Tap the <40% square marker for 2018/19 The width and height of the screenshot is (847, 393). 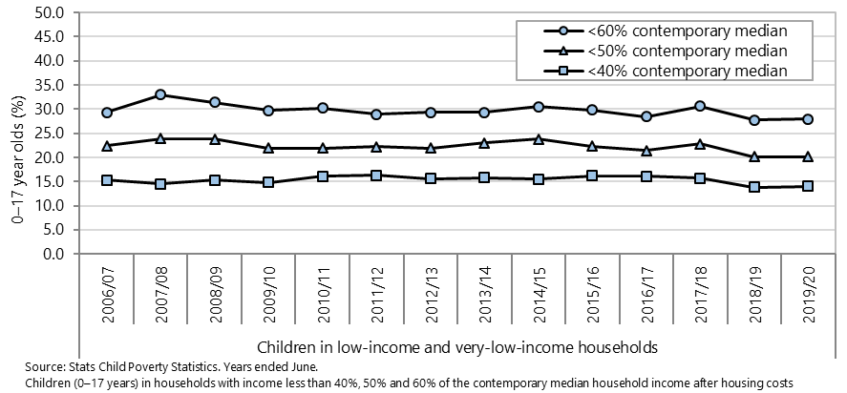(x=754, y=187)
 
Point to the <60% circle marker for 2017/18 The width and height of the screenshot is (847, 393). (x=700, y=106)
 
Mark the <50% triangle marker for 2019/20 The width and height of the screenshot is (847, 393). (x=808, y=156)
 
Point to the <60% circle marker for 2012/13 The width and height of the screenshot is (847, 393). (x=431, y=113)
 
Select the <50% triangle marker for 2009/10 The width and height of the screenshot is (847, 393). (x=268, y=148)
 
